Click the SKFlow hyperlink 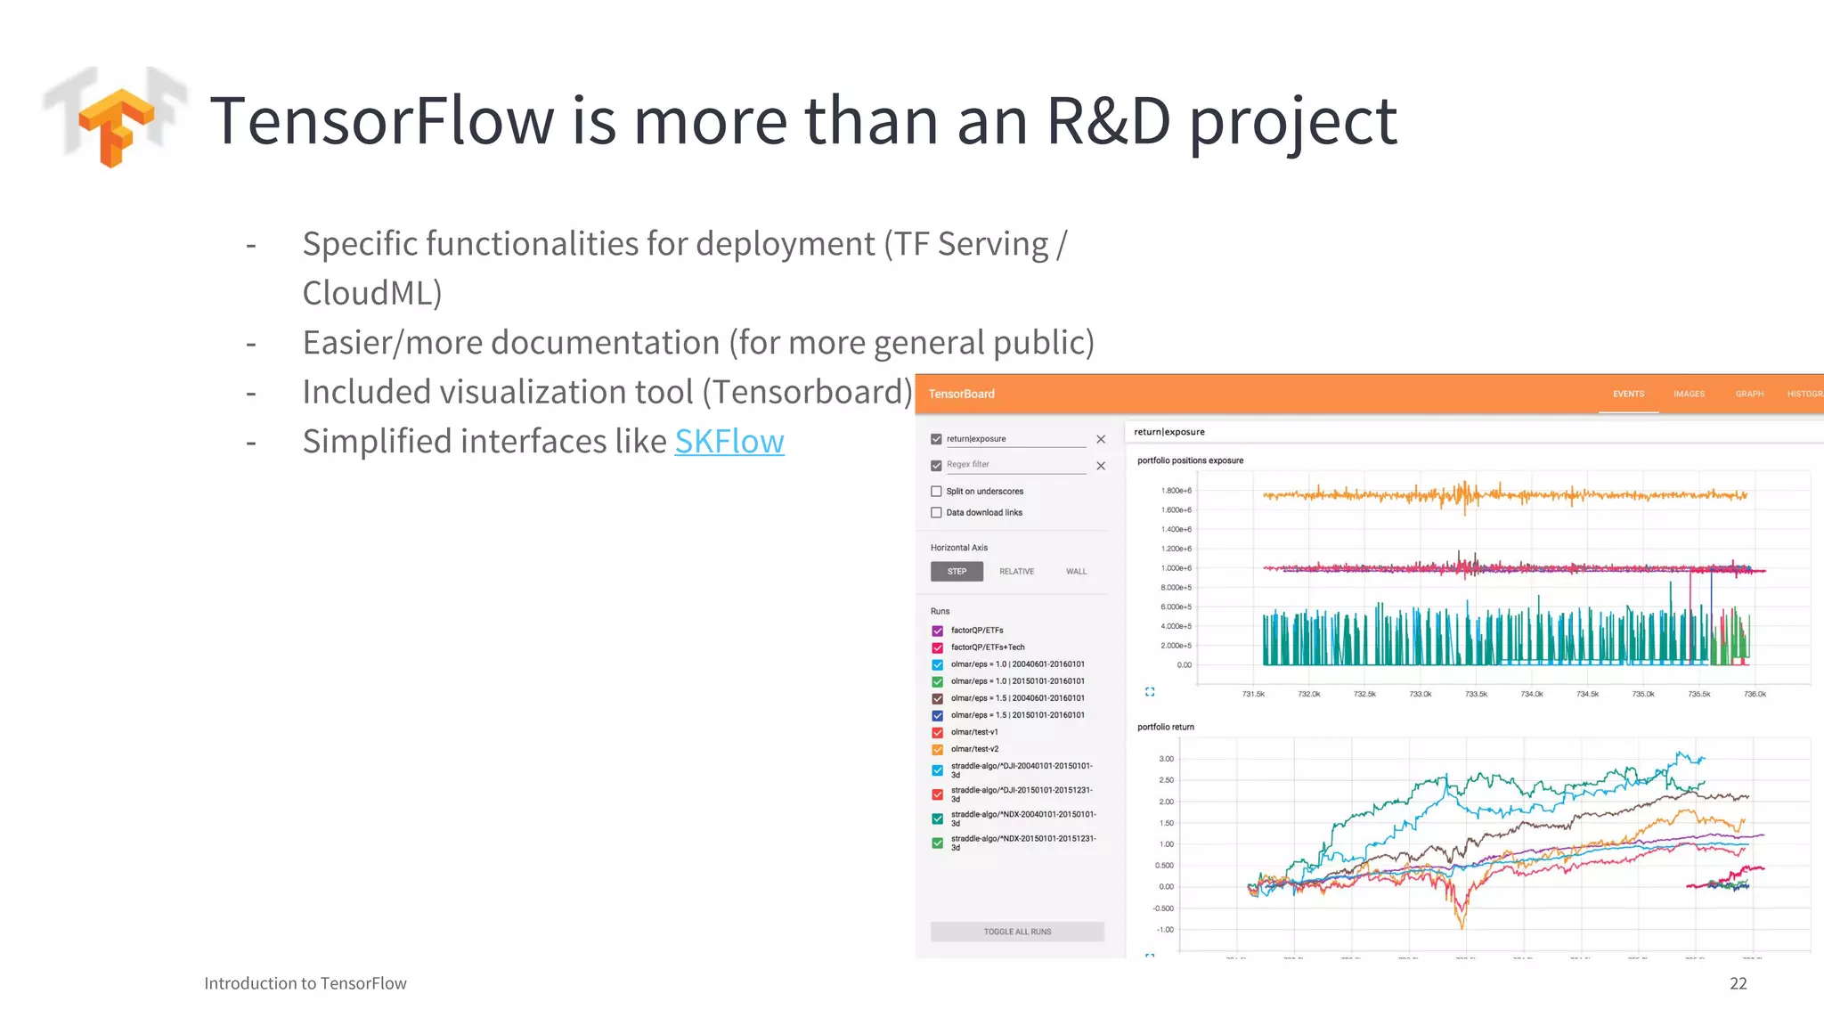[729, 442]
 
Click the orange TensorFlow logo [117, 127]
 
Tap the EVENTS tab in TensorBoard [1628, 394]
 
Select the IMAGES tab [1689, 394]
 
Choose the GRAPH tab [1749, 394]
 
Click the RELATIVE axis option [1016, 572]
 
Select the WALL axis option [1076, 572]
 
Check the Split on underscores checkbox [936, 492]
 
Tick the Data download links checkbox [936, 513]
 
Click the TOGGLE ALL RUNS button [1017, 932]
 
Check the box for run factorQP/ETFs [937, 631]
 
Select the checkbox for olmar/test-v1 [937, 732]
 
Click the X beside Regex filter [1101, 466]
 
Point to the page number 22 [1738, 983]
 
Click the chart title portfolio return [1165, 727]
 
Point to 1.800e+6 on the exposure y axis [1176, 491]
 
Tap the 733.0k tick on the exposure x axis [1421, 694]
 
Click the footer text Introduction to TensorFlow [305, 983]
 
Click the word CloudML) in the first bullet [372, 293]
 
